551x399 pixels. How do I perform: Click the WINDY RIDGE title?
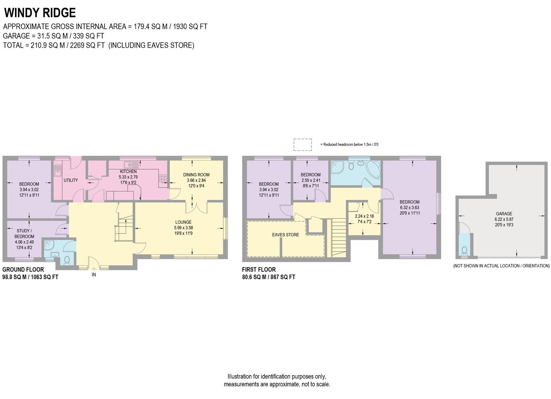[x=40, y=13]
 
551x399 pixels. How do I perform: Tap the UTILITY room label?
[x=71, y=180]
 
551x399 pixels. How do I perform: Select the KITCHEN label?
[x=128, y=172]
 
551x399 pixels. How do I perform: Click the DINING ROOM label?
[x=196, y=175]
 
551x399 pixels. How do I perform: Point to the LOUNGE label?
[x=183, y=222]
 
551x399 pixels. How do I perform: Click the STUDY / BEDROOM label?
[x=24, y=234]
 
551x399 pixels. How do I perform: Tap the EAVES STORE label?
[x=286, y=235]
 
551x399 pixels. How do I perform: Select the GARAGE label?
[x=504, y=214]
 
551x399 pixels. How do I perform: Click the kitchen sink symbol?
[x=132, y=164]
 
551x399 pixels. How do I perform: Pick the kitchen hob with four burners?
[x=163, y=178]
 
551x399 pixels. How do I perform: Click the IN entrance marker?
[x=94, y=274]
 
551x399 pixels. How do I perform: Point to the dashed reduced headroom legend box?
[x=303, y=144]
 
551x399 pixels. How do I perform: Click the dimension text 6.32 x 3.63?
[x=409, y=208]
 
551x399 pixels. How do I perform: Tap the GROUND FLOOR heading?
[x=23, y=270]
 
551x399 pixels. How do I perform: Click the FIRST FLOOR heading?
[x=259, y=270]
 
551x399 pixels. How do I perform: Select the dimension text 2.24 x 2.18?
[x=364, y=216]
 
